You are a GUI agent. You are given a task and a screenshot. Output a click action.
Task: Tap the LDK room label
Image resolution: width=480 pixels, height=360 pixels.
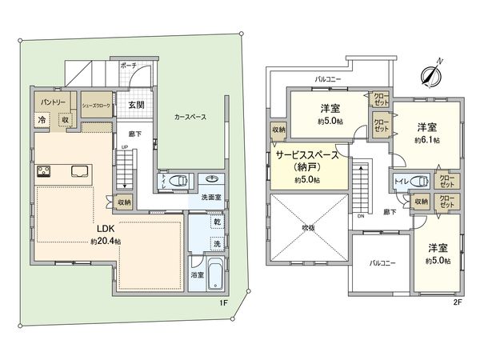pyautogui.click(x=105, y=228)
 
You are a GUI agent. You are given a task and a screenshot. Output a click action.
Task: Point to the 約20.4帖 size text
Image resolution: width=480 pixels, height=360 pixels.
pyautogui.click(x=106, y=240)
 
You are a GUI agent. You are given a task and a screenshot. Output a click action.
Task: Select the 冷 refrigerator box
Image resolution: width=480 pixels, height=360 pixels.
pyautogui.click(x=42, y=120)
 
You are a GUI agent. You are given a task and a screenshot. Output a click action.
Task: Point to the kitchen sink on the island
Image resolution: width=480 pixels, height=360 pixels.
pyautogui.click(x=81, y=170)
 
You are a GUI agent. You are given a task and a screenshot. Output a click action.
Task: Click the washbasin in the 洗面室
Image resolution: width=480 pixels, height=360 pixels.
pyautogui.click(x=214, y=179)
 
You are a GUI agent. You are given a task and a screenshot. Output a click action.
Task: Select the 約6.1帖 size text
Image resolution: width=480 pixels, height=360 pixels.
pyautogui.click(x=425, y=139)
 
